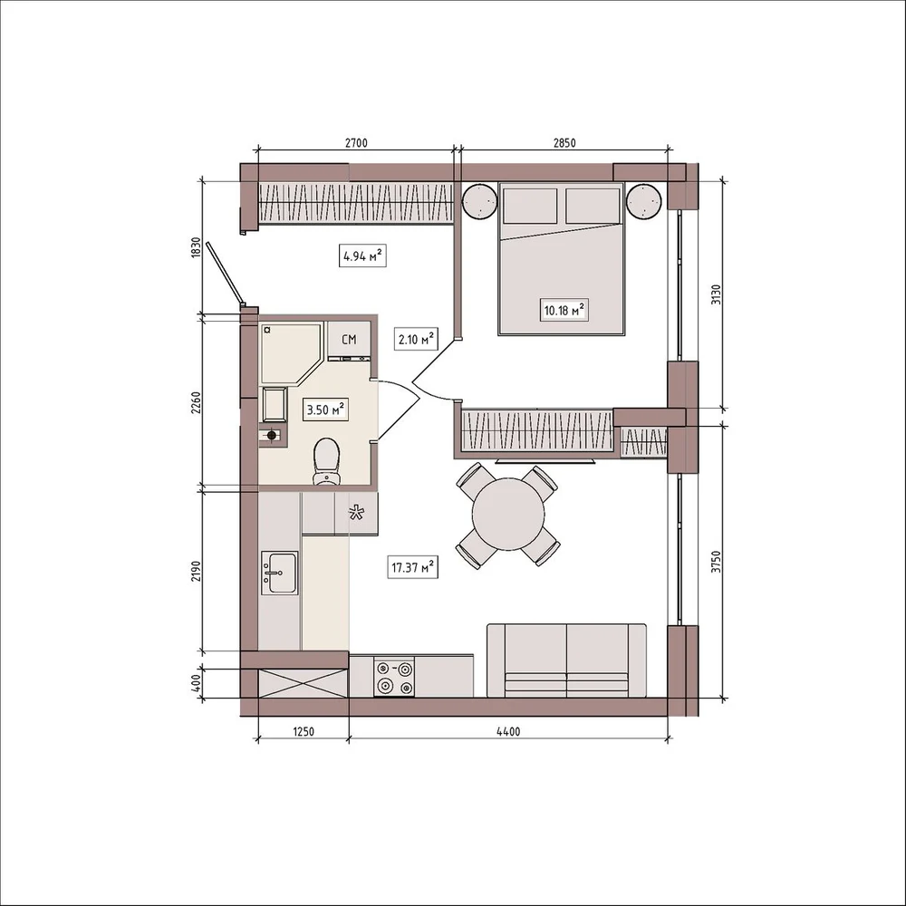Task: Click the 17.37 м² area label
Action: pyautogui.click(x=412, y=567)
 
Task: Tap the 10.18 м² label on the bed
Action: pyautogui.click(x=564, y=310)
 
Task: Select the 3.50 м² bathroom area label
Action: pyautogui.click(x=325, y=410)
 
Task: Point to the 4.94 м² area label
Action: pyautogui.click(x=362, y=255)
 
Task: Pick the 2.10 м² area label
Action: pyautogui.click(x=416, y=339)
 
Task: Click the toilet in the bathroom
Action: pyautogui.click(x=326, y=461)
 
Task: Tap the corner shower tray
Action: pyautogui.click(x=291, y=353)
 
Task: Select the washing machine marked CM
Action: pyautogui.click(x=349, y=340)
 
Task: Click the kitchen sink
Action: pyautogui.click(x=280, y=572)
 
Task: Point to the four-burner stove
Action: pyautogui.click(x=395, y=677)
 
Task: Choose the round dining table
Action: pyautogui.click(x=508, y=515)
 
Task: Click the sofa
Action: pyautogui.click(x=566, y=660)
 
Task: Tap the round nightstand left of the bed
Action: pyautogui.click(x=479, y=200)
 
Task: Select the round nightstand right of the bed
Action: pyautogui.click(x=643, y=200)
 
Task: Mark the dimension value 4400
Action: pyautogui.click(x=508, y=731)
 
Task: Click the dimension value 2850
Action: pyautogui.click(x=564, y=143)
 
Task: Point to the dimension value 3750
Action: pyautogui.click(x=716, y=561)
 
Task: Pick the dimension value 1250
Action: pyautogui.click(x=303, y=731)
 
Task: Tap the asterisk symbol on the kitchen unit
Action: pyautogui.click(x=356, y=512)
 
